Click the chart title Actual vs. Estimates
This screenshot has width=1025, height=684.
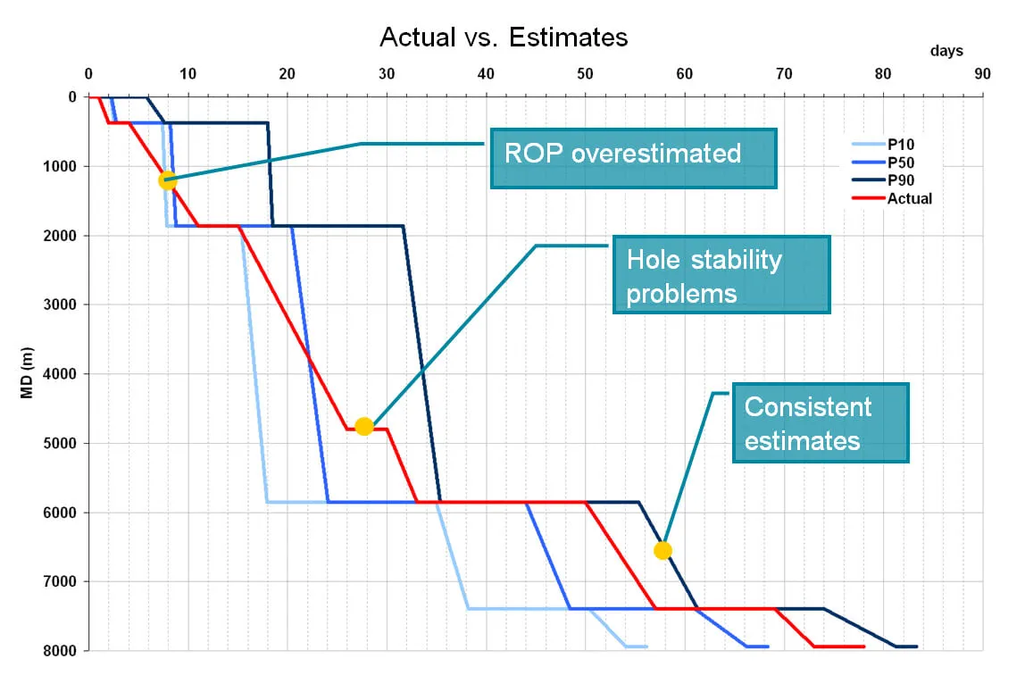click(x=504, y=38)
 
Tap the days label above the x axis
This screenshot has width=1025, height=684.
click(x=946, y=51)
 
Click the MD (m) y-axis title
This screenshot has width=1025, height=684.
click(x=27, y=372)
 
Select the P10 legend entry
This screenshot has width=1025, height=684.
click(x=883, y=145)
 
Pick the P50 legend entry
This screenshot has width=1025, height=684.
click(x=883, y=163)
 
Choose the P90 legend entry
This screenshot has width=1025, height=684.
click(x=883, y=180)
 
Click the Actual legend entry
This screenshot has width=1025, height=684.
click(x=892, y=199)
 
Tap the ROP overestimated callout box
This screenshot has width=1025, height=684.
click(x=633, y=158)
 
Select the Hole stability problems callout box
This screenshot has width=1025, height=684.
click(x=721, y=275)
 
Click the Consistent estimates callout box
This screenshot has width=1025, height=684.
click(x=821, y=423)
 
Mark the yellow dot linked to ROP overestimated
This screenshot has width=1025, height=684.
click(x=167, y=180)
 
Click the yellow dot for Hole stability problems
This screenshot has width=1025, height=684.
click(x=364, y=427)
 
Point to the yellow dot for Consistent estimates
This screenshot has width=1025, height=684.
click(x=662, y=551)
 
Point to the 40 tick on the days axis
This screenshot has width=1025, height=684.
click(x=486, y=74)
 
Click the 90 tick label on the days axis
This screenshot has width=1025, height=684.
click(x=982, y=74)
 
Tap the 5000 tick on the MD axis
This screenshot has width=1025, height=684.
click(x=63, y=444)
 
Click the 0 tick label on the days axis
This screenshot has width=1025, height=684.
click(x=89, y=74)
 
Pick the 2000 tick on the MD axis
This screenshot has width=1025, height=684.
click(x=63, y=236)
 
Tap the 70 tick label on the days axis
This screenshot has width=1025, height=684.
click(x=784, y=74)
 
